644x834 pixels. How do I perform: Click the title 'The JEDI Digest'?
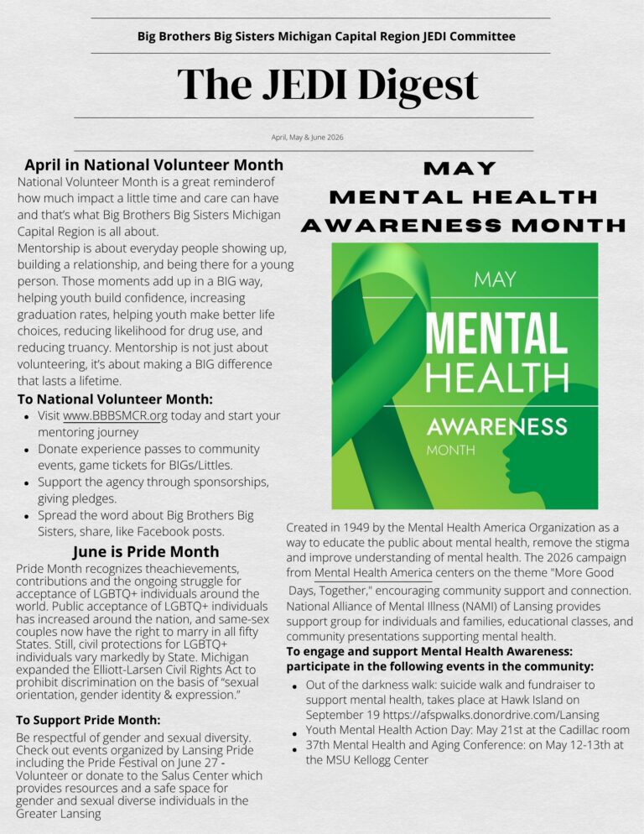(x=327, y=86)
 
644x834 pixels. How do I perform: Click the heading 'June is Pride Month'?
(x=146, y=551)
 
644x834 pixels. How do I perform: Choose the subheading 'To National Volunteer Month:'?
(x=115, y=399)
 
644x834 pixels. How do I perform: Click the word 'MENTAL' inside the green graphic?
(x=496, y=332)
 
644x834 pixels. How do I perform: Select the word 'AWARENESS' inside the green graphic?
(x=496, y=426)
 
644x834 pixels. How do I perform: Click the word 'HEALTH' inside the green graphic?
(x=496, y=375)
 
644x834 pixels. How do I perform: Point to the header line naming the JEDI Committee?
(x=326, y=36)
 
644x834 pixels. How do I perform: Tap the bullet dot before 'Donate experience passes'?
(x=28, y=451)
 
